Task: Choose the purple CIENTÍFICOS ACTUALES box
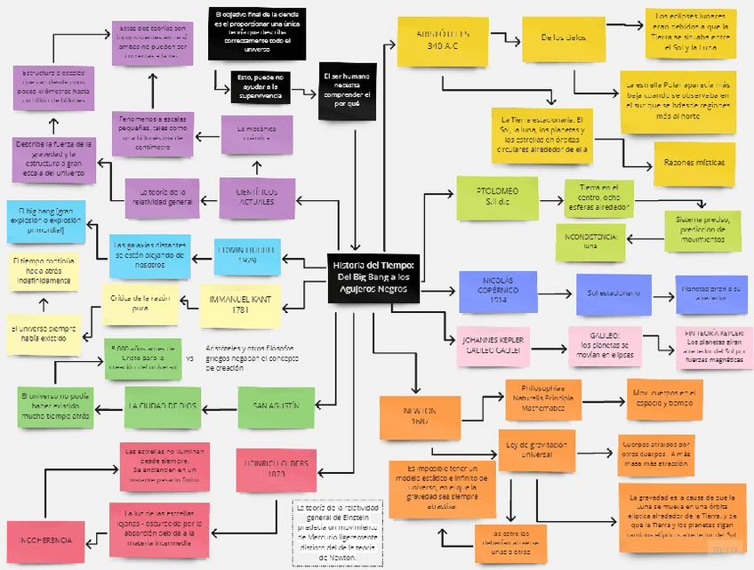point(257,197)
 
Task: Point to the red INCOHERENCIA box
point(44,541)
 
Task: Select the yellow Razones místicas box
point(694,163)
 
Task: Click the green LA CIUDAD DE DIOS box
point(163,407)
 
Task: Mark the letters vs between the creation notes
point(189,358)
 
